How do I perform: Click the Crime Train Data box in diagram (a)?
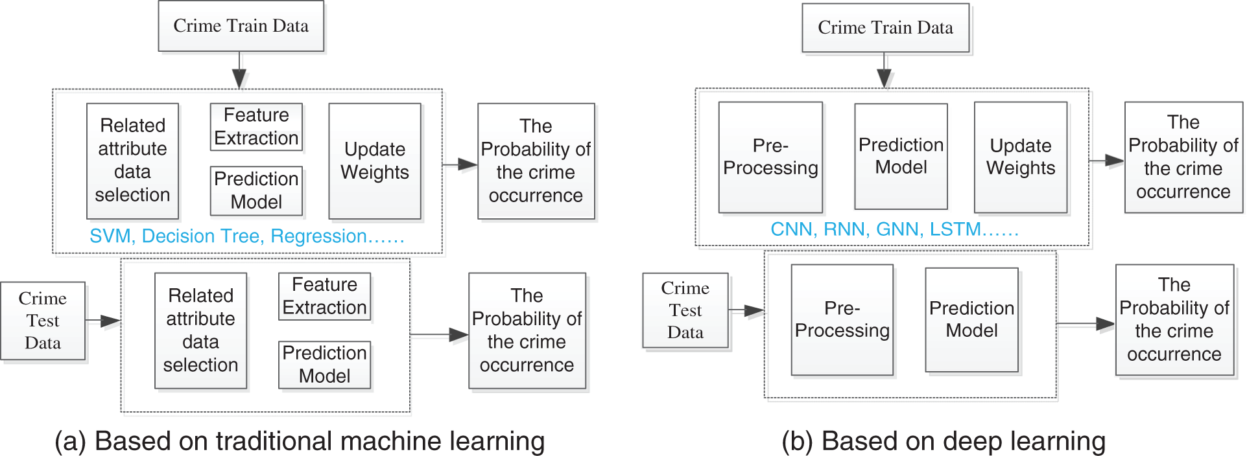point(241,26)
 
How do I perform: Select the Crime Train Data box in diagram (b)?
point(885,28)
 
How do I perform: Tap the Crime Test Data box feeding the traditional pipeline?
point(43,321)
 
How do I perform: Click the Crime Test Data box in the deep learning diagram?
point(685,310)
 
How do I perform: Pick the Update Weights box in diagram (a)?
point(375,161)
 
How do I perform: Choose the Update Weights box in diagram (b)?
point(1021,157)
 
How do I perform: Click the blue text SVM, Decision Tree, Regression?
point(246,236)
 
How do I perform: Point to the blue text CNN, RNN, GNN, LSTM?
point(894,229)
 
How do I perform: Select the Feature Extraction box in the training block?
point(256,127)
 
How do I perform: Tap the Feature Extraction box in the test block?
point(324,296)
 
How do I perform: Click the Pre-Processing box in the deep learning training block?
point(770,157)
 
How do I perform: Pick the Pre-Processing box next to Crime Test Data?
point(842,319)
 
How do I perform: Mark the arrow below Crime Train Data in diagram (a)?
point(239,71)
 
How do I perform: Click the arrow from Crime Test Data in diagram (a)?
point(103,321)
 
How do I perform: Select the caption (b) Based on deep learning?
point(943,441)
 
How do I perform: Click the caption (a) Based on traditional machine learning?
point(300,441)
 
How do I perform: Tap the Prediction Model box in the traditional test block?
point(324,365)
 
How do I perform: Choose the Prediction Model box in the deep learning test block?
point(971,319)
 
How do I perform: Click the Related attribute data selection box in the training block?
point(132,161)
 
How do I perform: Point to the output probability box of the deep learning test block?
point(1174,319)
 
